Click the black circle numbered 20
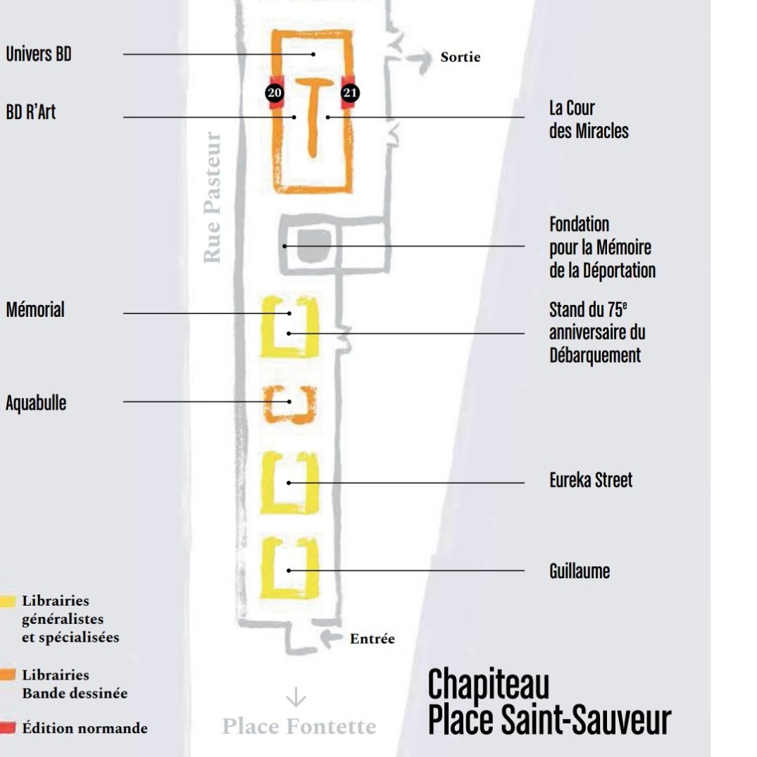(274, 92)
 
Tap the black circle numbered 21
(350, 92)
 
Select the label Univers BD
(39, 54)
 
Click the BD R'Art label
(31, 113)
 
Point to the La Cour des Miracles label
(589, 119)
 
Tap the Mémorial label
(35, 310)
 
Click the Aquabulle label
(36, 403)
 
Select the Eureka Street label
(591, 480)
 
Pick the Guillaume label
(580, 570)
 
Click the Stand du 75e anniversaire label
(597, 332)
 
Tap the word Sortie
(461, 57)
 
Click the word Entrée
(372, 639)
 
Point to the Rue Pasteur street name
(213, 198)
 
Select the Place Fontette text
(299, 726)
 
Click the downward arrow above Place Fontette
(296, 697)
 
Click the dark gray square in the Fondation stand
(310, 245)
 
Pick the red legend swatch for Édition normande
(8, 727)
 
